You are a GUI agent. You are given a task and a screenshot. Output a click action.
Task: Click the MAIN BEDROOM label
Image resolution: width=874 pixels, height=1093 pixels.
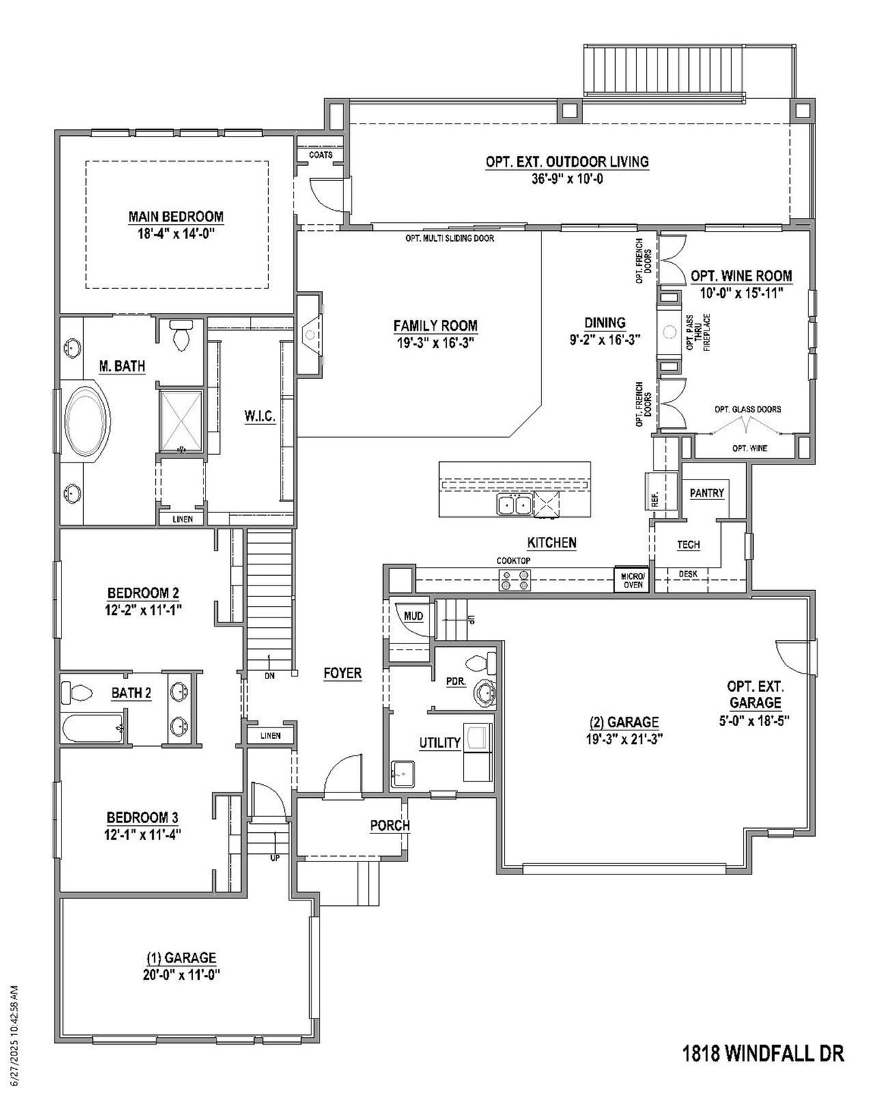coord(175,217)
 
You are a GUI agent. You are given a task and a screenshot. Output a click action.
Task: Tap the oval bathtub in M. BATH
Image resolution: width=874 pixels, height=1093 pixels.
coord(87,421)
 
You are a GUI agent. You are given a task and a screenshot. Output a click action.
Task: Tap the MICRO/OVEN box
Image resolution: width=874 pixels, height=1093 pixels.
coord(632,581)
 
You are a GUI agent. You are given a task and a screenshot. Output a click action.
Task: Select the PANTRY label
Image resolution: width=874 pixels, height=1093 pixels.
coord(706,493)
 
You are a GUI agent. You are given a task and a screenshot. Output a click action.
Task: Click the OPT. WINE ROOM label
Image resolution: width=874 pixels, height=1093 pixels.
coord(741,276)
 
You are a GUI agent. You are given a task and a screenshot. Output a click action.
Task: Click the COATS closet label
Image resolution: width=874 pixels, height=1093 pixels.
coord(320,155)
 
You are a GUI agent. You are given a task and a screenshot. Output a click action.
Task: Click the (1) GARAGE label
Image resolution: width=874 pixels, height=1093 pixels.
coord(182,958)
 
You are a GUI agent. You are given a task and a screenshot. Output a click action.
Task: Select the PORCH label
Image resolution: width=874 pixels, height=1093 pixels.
coord(389,825)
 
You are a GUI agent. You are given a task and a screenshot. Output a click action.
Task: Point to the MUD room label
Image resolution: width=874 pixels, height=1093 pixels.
coord(413,616)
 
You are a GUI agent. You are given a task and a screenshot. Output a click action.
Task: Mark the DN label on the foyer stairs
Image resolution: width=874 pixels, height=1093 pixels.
coord(270,676)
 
